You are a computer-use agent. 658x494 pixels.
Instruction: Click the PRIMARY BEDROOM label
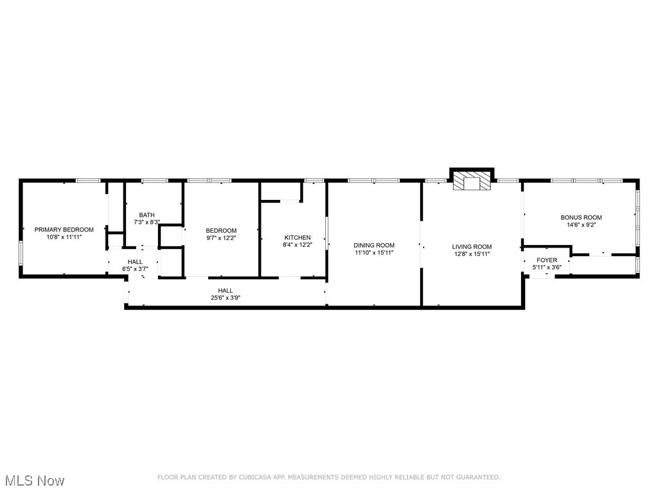point(64,230)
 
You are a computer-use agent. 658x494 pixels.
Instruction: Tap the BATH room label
point(147,215)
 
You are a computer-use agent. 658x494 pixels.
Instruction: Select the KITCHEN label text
point(298,237)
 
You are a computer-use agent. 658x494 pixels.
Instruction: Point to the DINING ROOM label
point(374,245)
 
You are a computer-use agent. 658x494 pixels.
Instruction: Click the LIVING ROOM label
point(472,246)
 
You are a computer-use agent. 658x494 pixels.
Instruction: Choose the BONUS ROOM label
point(581,217)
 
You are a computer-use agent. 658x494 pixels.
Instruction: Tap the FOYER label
point(547,261)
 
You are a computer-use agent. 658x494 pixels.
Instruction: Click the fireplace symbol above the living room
point(472,181)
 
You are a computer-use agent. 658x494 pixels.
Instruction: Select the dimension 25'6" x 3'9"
point(226,298)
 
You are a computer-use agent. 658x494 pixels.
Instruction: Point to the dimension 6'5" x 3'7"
point(135,269)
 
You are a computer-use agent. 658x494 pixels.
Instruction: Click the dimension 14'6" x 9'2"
point(581,225)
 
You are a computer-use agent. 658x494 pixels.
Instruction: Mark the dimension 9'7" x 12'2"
point(221,238)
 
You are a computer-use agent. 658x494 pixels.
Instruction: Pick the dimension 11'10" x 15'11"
point(374,253)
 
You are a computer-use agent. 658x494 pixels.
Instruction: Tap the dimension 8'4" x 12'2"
point(298,244)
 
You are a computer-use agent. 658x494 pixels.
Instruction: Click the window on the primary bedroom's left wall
point(21,253)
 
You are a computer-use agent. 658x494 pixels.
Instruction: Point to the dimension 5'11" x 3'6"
point(547,268)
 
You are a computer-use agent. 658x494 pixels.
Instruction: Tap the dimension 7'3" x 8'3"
point(147,223)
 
